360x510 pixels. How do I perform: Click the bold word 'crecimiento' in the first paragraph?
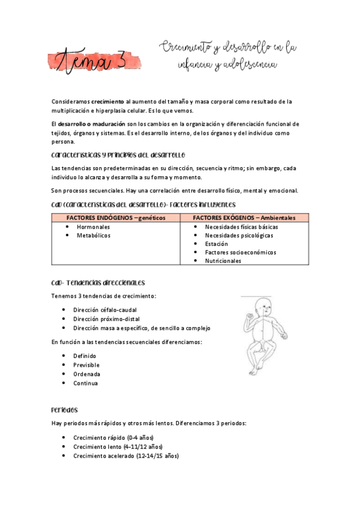click(x=108, y=102)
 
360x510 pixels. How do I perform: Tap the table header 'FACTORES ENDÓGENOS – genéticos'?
click(x=116, y=218)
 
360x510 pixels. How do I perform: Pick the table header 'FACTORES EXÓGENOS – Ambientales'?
click(x=244, y=218)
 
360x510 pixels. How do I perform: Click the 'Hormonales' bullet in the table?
click(x=93, y=227)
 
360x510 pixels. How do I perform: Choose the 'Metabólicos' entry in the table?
click(x=94, y=235)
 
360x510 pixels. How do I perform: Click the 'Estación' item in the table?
click(x=216, y=244)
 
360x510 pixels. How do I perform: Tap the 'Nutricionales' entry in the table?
click(x=223, y=261)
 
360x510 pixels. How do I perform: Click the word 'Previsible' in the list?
click(x=87, y=365)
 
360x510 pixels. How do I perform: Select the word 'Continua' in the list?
click(x=85, y=383)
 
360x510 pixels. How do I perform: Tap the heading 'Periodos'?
click(x=65, y=410)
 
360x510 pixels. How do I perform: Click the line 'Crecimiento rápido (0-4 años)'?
click(x=114, y=438)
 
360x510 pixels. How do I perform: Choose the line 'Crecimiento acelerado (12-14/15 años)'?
click(x=126, y=456)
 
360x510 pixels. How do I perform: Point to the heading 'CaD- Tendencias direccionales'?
click(x=99, y=283)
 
